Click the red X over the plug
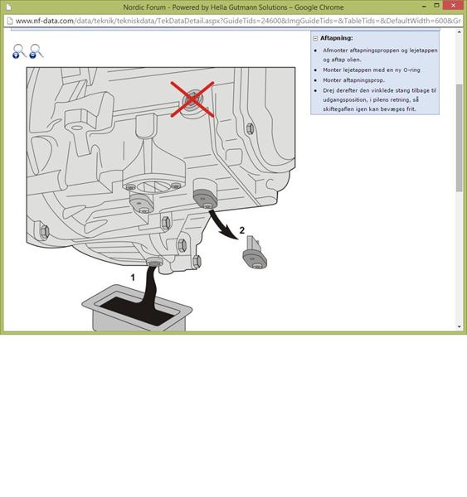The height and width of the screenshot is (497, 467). click(x=192, y=99)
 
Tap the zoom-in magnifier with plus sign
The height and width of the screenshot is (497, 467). click(x=19, y=51)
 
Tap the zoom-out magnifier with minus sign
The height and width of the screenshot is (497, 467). click(x=36, y=51)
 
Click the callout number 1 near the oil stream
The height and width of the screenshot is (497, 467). click(x=133, y=277)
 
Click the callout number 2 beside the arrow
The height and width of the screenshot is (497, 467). click(x=242, y=230)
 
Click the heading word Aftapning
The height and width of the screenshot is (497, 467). click(x=336, y=38)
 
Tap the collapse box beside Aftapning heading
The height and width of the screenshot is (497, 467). click(x=315, y=38)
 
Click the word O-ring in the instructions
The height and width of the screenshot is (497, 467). click(x=411, y=70)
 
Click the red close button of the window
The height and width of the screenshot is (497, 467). click(x=453, y=6)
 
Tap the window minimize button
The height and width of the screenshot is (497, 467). click(x=424, y=6)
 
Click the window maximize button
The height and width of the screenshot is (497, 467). click(x=437, y=6)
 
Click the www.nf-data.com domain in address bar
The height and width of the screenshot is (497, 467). click(x=45, y=21)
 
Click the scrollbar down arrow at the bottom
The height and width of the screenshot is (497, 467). click(x=459, y=326)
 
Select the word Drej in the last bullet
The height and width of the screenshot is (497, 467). click(x=328, y=90)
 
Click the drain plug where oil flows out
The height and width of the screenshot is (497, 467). click(x=154, y=262)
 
